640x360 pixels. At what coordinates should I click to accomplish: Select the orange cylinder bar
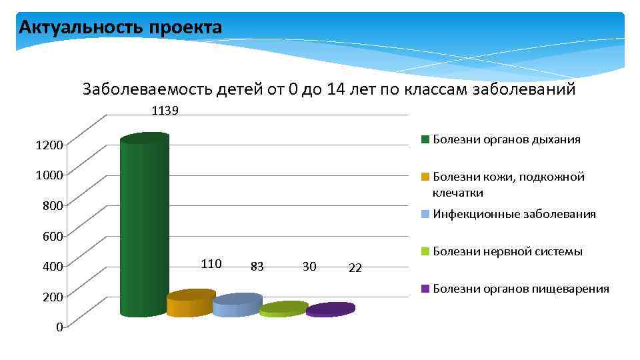click(190, 303)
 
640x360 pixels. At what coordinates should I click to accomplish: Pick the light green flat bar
click(283, 309)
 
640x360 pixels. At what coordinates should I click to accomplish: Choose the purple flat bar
click(330, 309)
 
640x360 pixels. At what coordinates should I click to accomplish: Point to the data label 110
click(211, 263)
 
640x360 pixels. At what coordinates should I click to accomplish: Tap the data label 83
click(257, 267)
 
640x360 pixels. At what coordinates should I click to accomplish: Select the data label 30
click(309, 267)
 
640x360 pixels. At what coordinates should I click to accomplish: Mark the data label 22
click(355, 268)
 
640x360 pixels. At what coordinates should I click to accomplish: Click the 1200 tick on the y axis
click(50, 145)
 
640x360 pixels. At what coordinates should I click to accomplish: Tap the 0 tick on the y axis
click(59, 327)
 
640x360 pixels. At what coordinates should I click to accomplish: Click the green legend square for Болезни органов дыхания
click(424, 140)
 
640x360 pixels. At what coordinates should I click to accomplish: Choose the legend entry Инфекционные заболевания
click(514, 214)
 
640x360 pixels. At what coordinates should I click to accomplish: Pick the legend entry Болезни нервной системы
click(507, 251)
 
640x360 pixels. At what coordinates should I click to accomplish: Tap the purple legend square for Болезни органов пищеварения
click(424, 289)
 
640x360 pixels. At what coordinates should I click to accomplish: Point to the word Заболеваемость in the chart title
click(147, 89)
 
